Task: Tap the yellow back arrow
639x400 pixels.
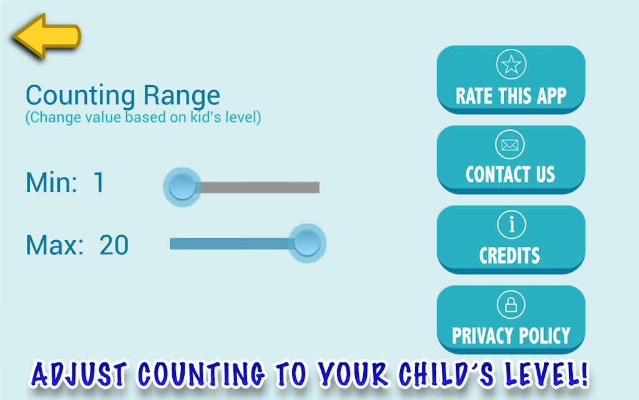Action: [46, 36]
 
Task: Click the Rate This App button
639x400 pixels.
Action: [510, 79]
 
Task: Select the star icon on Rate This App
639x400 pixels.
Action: [511, 64]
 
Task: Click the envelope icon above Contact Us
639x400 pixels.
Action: [510, 144]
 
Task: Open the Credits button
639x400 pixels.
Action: [510, 239]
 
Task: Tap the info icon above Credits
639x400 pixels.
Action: [512, 224]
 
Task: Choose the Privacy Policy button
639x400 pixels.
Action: [510, 319]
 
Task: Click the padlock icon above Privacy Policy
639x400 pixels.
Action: [511, 304]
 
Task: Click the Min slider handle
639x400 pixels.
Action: [182, 187]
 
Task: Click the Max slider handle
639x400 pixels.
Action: [307, 243]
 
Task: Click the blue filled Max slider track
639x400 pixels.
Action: [230, 244]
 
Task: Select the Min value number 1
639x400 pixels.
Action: [99, 182]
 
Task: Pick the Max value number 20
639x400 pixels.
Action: [114, 245]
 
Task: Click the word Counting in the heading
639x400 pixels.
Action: [80, 96]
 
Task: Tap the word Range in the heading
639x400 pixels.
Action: [182, 96]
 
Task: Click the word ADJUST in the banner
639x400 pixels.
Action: [79, 374]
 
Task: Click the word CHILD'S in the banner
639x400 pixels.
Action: [447, 374]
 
